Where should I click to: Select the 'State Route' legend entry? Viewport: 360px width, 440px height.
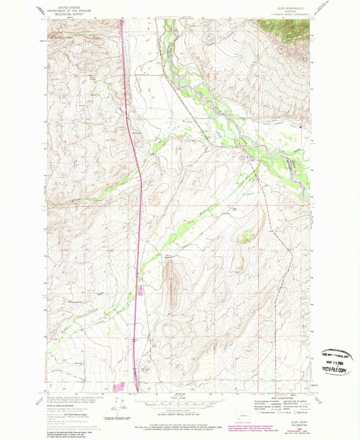point(297,412)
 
